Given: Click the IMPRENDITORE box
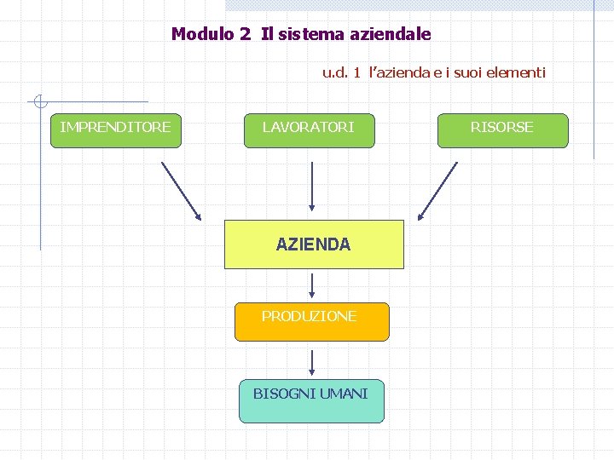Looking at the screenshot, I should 116,130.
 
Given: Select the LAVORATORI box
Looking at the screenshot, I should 309,130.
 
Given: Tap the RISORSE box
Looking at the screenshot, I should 502,130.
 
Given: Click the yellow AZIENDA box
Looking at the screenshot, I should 313,244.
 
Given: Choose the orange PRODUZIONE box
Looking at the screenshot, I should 311,321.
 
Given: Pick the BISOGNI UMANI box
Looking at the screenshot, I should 311,400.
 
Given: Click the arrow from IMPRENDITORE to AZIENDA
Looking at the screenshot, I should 181,191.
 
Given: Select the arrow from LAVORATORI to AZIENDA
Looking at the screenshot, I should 312,186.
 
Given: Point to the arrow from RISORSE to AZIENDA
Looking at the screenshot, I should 437,191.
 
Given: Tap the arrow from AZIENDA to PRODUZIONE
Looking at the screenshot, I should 312,285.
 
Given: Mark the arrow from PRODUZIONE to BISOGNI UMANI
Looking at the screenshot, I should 312,361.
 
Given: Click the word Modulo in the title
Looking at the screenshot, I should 201,35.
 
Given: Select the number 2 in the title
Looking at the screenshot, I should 245,35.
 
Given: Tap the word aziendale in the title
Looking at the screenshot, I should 391,35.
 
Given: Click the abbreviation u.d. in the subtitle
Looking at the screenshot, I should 335,72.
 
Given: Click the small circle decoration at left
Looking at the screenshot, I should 38,102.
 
